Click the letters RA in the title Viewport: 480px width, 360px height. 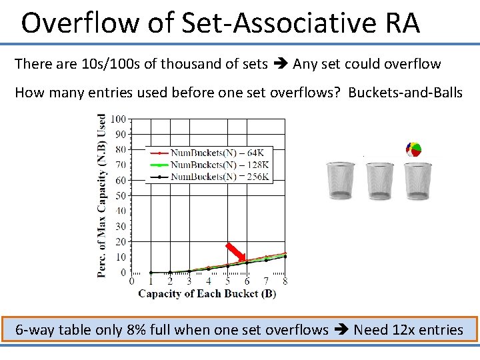pyautogui.click(x=402, y=24)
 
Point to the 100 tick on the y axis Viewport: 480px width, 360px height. pyautogui.click(x=118, y=119)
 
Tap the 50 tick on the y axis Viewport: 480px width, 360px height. pyautogui.click(x=120, y=195)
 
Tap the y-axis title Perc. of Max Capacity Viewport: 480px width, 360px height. pyautogui.click(x=102, y=195)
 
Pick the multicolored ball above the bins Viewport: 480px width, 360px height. pyautogui.click(x=413, y=150)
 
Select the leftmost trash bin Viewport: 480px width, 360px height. pyautogui.click(x=341, y=180)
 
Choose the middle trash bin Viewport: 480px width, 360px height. pyautogui.click(x=380, y=180)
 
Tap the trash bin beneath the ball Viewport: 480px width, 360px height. pyautogui.click(x=418, y=180)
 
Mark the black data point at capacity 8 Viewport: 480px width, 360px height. pyautogui.click(x=285, y=256)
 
